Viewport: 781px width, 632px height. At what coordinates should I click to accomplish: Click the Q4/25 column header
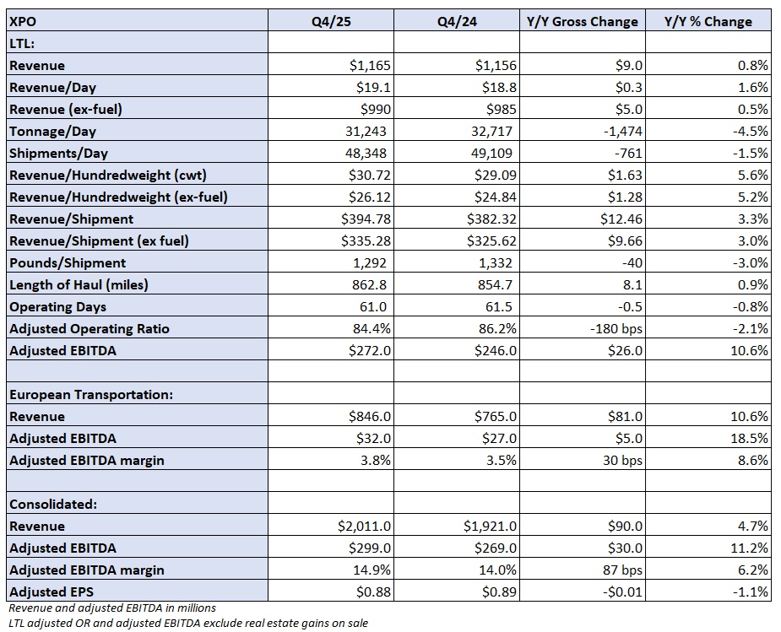coord(331,21)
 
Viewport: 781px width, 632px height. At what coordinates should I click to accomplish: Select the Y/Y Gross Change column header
coord(583,21)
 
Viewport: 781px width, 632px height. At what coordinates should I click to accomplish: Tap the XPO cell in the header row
coord(23,21)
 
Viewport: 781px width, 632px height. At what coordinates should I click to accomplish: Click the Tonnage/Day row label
coord(53,132)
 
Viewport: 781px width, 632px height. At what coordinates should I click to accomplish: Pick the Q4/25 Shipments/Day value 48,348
coord(366,154)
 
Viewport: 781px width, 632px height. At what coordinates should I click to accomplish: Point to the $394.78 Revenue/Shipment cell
coord(366,219)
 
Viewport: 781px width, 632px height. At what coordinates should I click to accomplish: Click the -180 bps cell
coord(616,328)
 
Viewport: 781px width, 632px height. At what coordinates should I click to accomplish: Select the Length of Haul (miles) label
coord(79,284)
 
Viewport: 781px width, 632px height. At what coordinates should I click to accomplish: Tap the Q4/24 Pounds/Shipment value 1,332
coord(495,262)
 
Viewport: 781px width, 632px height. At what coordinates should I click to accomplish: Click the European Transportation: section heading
coord(91,395)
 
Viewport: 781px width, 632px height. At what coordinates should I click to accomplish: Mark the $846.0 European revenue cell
coord(370,417)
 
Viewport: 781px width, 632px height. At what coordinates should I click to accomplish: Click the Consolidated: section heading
coord(53,504)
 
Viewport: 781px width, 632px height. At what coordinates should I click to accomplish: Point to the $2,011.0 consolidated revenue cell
coord(364,526)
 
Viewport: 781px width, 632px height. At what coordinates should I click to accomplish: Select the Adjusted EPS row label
coord(52,591)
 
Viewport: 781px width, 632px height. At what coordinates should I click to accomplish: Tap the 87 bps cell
coord(622,570)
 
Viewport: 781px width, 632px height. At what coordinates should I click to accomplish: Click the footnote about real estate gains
coord(188,623)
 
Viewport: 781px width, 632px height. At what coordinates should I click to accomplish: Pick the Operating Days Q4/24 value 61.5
coord(499,306)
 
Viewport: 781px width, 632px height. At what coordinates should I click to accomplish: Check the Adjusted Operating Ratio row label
coord(89,328)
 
